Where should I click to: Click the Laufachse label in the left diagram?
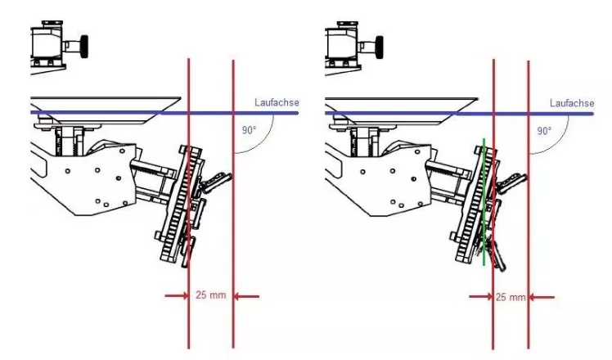tap(277, 103)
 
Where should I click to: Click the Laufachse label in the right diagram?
tap(572, 103)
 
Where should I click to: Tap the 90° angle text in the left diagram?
tap(249, 130)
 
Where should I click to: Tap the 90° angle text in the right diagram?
tap(544, 131)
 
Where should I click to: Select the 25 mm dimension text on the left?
tap(211, 295)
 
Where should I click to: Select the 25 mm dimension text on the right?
tap(511, 298)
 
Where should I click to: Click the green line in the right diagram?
tap(484, 202)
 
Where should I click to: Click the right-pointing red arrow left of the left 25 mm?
tap(177, 296)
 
